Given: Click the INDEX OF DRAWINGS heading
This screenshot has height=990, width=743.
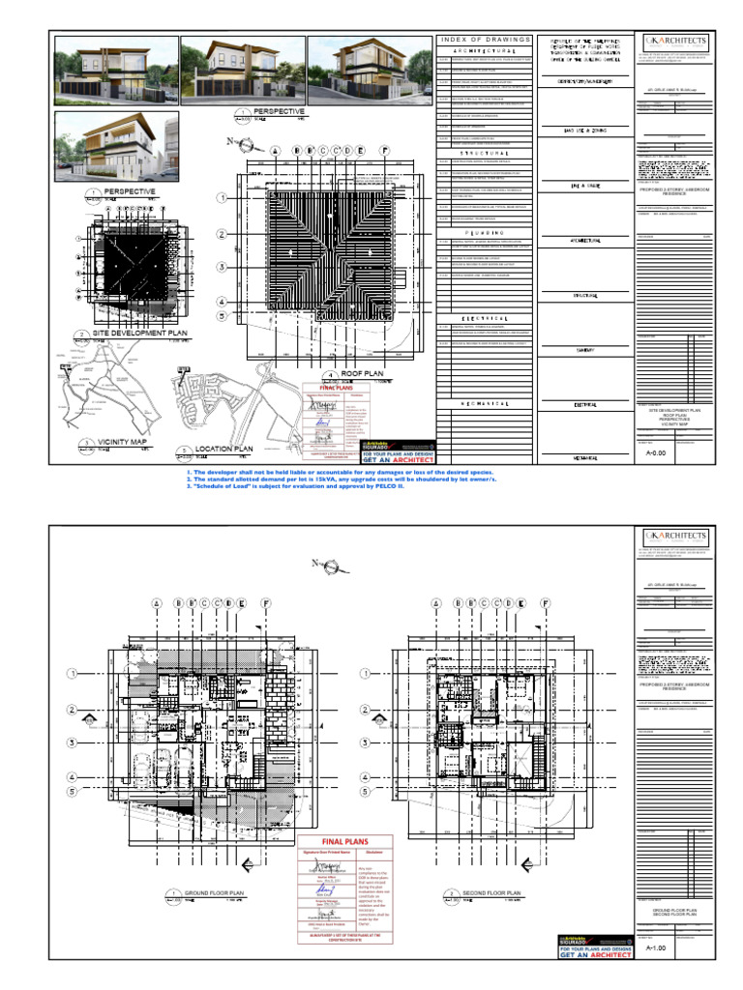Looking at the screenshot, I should coord(486,40).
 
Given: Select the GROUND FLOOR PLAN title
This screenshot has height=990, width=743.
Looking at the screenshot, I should coord(211,893).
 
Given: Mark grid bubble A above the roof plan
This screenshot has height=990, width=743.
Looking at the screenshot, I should coord(276,152).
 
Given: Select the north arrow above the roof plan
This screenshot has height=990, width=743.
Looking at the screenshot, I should coord(249,145).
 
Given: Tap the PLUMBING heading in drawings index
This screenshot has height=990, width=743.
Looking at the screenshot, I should coord(486,233).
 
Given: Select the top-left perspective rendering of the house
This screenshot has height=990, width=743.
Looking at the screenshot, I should coord(114,69).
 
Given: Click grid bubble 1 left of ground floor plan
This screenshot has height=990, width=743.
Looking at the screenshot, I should coord(72,673).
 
